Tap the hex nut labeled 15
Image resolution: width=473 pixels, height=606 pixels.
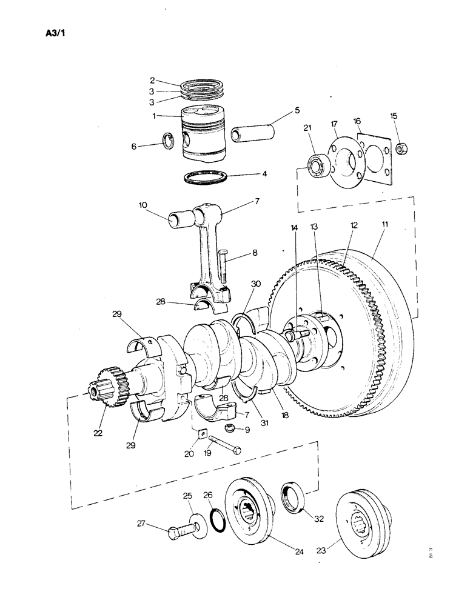click(x=401, y=147)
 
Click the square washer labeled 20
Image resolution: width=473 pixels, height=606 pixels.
click(x=200, y=432)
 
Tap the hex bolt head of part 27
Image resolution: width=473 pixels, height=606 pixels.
click(x=174, y=533)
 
